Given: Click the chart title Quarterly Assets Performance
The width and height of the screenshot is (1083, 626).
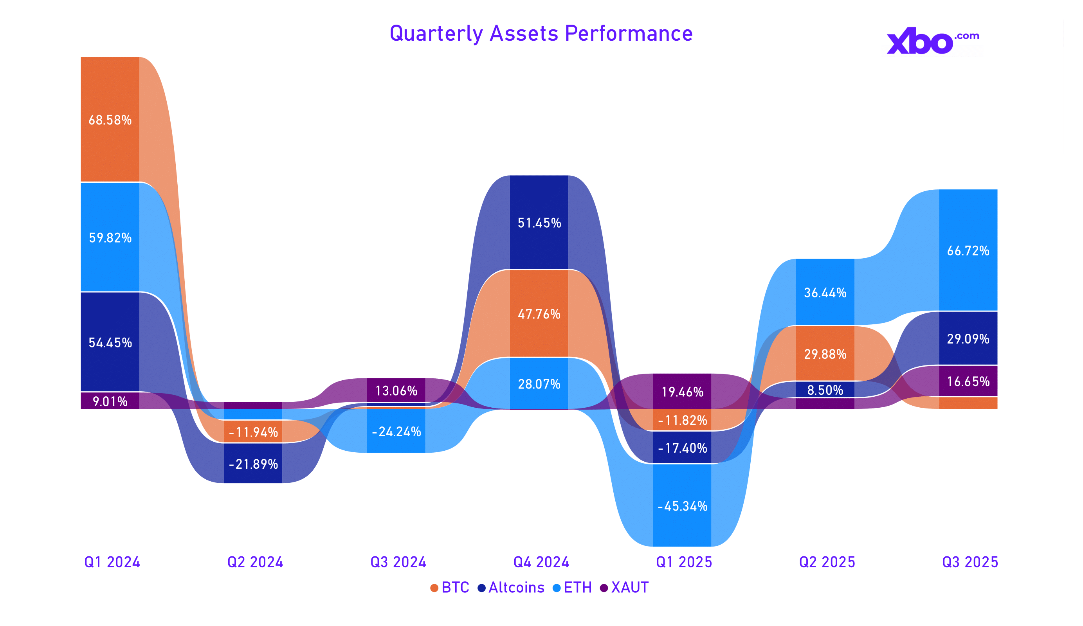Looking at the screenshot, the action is point(541,34).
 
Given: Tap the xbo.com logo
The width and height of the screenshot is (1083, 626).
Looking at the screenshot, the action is point(933,41).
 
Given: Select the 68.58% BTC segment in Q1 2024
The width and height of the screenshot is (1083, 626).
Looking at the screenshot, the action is point(110,119).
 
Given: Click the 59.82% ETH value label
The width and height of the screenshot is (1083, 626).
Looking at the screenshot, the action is point(110,237).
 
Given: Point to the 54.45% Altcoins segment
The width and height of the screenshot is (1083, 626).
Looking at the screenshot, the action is point(110,342).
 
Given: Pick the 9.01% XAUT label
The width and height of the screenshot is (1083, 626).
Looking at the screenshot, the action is point(110,401).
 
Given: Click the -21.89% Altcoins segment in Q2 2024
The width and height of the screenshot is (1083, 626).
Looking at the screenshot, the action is point(253,464).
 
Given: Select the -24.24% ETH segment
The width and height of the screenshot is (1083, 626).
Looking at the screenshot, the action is point(396,431).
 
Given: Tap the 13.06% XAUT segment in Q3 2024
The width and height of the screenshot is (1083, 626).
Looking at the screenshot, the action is point(396,390).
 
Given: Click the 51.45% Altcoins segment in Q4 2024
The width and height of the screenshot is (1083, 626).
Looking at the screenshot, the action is point(539,222).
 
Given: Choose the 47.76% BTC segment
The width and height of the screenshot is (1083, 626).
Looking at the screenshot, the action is point(539,314).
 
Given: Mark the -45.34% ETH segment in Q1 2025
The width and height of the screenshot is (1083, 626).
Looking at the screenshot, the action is point(682,506).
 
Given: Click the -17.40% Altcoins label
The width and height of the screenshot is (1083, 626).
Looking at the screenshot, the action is point(683,448).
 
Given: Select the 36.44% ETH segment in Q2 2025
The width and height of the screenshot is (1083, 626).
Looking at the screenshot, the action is point(825,292).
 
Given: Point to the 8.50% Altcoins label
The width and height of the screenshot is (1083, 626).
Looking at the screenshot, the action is point(825,390).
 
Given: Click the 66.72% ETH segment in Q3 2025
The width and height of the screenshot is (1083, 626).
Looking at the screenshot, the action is point(968,250).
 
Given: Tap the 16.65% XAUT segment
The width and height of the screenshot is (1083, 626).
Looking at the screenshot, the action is point(968,381).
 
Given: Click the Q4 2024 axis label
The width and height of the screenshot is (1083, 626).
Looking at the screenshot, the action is point(541,562).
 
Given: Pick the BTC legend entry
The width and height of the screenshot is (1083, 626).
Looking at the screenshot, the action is point(450,587).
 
